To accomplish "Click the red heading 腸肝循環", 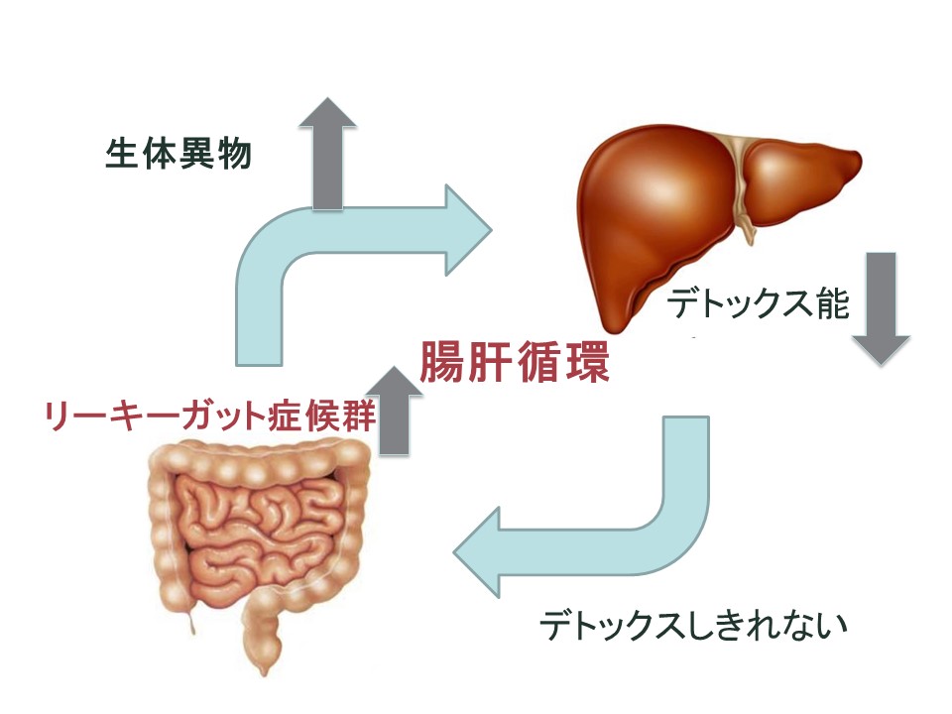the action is tap(515, 363).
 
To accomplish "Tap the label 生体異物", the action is tap(178, 154).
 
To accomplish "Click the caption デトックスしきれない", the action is tap(693, 625).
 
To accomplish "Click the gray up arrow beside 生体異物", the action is tap(328, 154).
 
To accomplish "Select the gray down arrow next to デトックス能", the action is tap(881, 308).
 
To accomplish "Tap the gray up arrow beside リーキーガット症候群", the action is tap(394, 411).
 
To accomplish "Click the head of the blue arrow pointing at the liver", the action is tap(468, 230).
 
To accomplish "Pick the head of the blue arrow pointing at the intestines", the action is tap(477, 552).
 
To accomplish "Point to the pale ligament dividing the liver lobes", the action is tap(742, 182).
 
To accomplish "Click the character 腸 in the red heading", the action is tap(440, 363).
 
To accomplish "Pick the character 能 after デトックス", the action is tap(833, 303).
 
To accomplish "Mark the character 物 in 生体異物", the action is tap(234, 154).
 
